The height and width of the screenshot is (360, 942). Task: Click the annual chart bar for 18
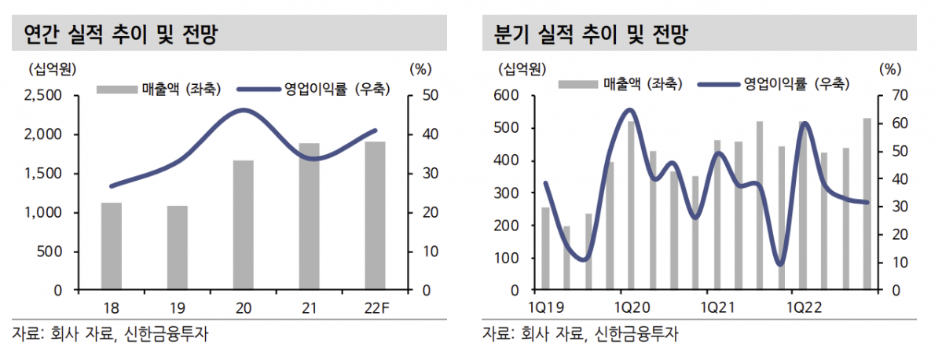tap(112, 246)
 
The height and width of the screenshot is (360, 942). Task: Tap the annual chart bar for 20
tap(244, 225)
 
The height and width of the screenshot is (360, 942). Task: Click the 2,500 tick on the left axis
tap(45, 96)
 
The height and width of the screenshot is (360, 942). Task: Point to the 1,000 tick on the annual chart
tap(45, 213)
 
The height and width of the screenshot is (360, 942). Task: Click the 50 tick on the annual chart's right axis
tap(421, 96)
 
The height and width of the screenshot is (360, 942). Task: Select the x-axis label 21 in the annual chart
tap(310, 307)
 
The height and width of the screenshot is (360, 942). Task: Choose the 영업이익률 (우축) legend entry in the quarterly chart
tap(797, 83)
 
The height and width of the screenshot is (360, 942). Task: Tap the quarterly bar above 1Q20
tap(630, 205)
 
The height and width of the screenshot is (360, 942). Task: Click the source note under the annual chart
tap(111, 333)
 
